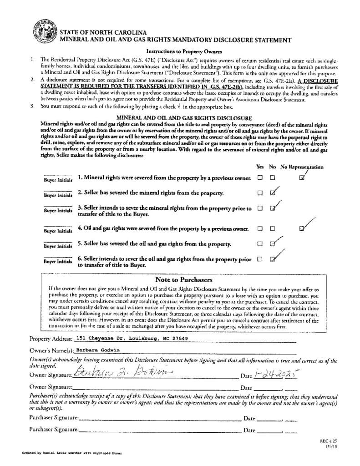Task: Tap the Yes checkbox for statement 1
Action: [260, 178]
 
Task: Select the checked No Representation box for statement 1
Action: [301, 178]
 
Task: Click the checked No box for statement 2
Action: [272, 192]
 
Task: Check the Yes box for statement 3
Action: [260, 208]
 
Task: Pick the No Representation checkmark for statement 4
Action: [302, 228]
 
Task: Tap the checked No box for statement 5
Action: [272, 243]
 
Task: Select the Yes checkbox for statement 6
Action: [260, 259]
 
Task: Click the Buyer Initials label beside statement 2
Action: [58, 195]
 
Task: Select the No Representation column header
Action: [302, 167]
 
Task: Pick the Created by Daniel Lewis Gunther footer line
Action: [71, 453]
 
